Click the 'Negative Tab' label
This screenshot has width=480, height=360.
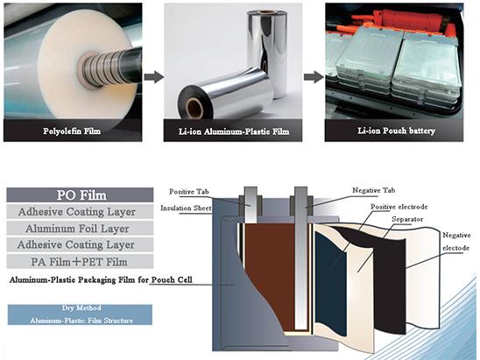(x=377, y=190)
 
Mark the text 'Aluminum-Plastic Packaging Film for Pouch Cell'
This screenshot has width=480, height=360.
(x=97, y=280)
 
